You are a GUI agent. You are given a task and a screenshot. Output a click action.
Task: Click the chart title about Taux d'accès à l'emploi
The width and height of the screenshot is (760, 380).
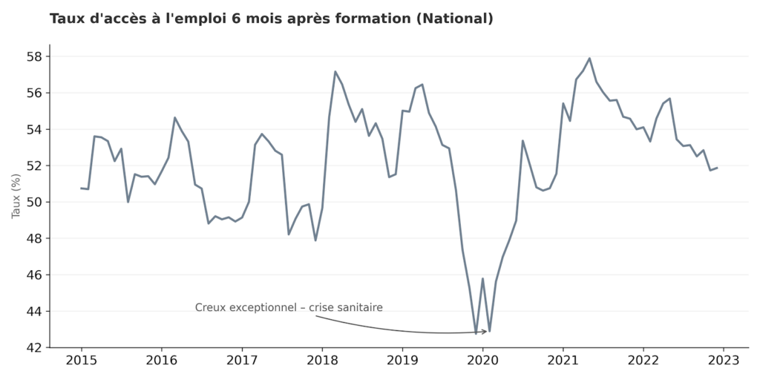(x=271, y=19)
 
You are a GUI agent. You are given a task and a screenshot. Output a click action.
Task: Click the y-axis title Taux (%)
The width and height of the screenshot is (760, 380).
(x=16, y=196)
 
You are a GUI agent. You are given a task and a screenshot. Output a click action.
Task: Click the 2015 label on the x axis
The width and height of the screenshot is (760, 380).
(x=81, y=361)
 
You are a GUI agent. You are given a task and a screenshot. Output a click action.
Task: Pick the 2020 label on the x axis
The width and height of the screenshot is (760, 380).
(x=482, y=361)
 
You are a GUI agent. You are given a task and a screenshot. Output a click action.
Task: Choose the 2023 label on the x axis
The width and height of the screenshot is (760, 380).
(x=723, y=361)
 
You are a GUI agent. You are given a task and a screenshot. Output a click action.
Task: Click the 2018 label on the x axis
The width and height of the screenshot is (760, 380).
(x=322, y=361)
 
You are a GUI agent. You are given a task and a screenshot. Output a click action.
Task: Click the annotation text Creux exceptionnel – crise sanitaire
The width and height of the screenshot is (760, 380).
(x=289, y=307)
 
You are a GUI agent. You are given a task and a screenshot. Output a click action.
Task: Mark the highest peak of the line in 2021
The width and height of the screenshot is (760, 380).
(x=589, y=59)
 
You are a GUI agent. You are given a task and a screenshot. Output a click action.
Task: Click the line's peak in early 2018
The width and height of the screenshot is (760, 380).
(x=335, y=72)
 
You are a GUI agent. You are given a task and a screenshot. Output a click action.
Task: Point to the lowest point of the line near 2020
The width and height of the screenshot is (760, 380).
(x=476, y=333)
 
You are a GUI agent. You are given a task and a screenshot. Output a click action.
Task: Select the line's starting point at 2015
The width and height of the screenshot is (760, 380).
(x=81, y=188)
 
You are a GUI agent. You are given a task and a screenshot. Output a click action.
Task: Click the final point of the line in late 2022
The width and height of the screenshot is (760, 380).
(x=717, y=168)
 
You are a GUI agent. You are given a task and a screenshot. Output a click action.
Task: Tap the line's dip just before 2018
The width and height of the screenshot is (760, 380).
(x=315, y=240)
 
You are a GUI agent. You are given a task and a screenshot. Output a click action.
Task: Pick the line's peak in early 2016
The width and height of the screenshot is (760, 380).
(x=175, y=117)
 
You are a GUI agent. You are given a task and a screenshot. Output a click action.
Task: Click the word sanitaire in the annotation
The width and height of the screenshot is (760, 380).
(x=359, y=307)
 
